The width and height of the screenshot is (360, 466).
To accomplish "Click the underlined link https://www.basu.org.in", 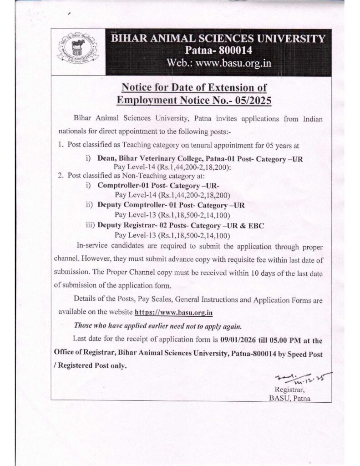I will pyautogui.click(x=174, y=313).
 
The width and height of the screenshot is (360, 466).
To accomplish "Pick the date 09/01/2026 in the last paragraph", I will pyautogui.click(x=243, y=339).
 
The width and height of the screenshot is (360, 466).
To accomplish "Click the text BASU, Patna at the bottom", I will pyautogui.click(x=289, y=399).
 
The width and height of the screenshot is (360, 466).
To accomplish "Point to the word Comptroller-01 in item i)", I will pyautogui.click(x=122, y=186).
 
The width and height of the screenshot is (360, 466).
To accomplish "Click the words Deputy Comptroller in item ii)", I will pyautogui.click(x=127, y=205).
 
